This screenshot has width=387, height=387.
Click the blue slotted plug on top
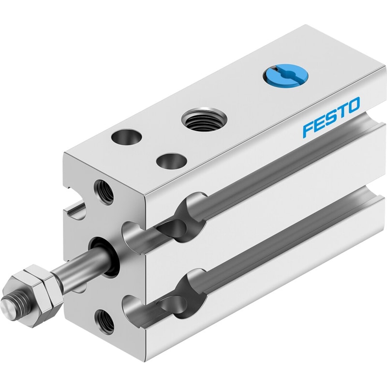(x=285, y=75)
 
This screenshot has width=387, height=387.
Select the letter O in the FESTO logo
(x=352, y=106)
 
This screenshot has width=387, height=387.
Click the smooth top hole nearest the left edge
(x=126, y=136)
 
